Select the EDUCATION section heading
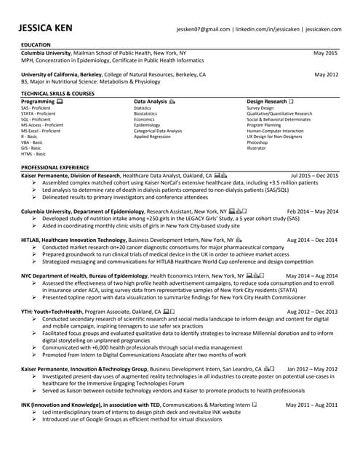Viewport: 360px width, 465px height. pos(36,45)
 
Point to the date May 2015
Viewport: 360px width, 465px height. pos(326,53)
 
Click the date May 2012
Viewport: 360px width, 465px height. pos(326,75)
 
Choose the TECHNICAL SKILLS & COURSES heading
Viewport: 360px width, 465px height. pos(58,94)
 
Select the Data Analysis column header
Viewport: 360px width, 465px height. pos(151,102)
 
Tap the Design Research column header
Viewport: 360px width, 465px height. pos(267,102)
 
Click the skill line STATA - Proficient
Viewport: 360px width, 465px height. pos(39,113)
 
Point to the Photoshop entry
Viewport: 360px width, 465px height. pos(257,142)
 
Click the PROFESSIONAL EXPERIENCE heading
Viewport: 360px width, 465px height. pos(55,167)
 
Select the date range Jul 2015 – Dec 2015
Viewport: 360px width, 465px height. pos(314,176)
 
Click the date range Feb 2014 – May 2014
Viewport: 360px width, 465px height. pos(313,211)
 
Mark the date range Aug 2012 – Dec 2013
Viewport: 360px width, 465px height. pos(313,311)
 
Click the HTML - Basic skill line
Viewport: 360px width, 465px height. pos(33,154)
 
